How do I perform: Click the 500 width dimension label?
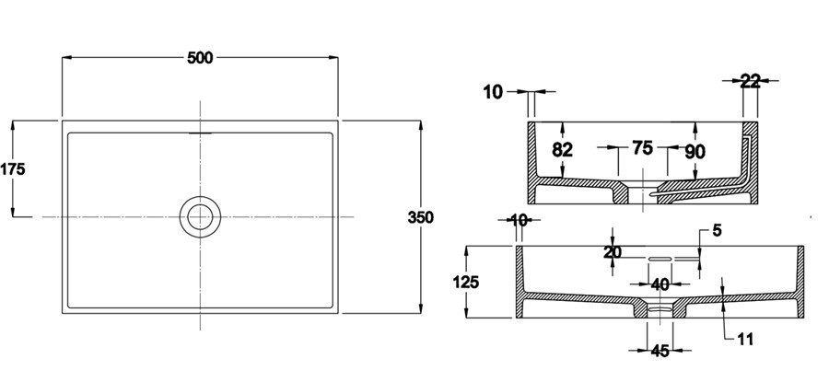tap(200, 58)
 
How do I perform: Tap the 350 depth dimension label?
tap(420, 217)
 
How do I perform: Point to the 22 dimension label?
tap(750, 81)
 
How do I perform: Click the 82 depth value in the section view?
tap(563, 150)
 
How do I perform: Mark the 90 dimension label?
tap(695, 150)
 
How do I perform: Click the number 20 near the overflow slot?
tap(613, 253)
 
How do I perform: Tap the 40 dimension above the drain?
tap(660, 284)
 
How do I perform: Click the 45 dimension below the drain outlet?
tap(660, 350)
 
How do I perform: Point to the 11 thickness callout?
tap(745, 340)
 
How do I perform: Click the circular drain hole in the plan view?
tap(200, 216)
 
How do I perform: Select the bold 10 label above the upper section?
tap(493, 91)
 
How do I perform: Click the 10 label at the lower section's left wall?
tap(519, 220)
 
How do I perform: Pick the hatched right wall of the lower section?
tap(800, 281)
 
